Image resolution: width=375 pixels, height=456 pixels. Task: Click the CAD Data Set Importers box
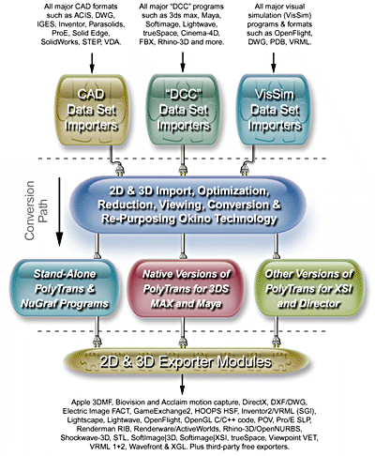tap(92, 110)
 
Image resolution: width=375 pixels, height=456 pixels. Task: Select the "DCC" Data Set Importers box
tap(183, 110)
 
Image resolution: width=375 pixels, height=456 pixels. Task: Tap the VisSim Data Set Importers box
tap(275, 110)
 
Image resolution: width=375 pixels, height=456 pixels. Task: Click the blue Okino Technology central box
tap(187, 205)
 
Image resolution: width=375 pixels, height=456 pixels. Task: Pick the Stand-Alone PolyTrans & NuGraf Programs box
tap(65, 288)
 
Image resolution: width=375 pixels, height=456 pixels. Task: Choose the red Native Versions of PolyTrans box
tap(187, 288)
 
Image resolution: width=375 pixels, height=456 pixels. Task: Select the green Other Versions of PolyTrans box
tap(308, 288)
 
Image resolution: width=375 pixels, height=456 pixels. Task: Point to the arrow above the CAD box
tap(92, 63)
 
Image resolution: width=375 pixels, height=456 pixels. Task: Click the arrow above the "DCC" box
tap(183, 63)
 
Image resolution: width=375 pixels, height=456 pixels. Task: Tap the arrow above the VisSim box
tap(274, 63)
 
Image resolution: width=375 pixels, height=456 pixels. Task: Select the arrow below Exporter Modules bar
tap(182, 385)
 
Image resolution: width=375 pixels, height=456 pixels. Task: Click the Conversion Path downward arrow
tap(59, 212)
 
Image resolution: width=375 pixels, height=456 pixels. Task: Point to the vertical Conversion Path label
tap(37, 210)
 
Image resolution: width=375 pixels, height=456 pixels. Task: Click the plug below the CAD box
tap(119, 171)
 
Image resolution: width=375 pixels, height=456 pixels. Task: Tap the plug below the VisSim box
tap(245, 171)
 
